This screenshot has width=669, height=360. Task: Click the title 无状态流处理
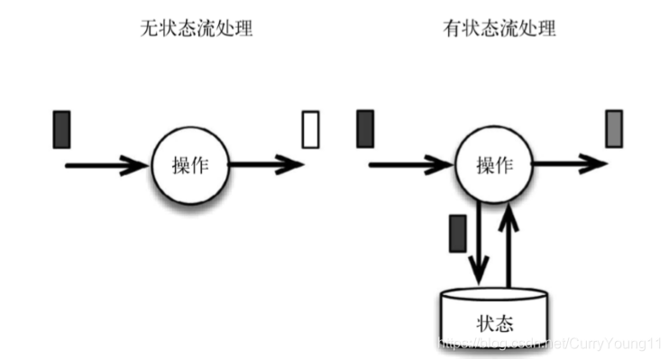pyautogui.click(x=196, y=29)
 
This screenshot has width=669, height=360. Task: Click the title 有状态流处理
pyautogui.click(x=499, y=29)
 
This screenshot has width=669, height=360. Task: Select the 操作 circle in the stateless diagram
pyautogui.click(x=188, y=164)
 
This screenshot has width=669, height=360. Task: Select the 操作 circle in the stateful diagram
pyautogui.click(x=495, y=164)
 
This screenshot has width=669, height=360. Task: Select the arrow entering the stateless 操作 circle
pyautogui.click(x=104, y=165)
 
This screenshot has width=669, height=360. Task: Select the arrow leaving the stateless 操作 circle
pyautogui.click(x=266, y=165)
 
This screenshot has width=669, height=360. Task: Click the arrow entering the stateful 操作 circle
pyautogui.click(x=410, y=165)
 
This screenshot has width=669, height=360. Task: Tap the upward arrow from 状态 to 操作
pyautogui.click(x=512, y=244)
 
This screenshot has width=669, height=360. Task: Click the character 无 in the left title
pyautogui.click(x=149, y=29)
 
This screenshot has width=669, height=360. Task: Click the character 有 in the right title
pyautogui.click(x=452, y=29)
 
